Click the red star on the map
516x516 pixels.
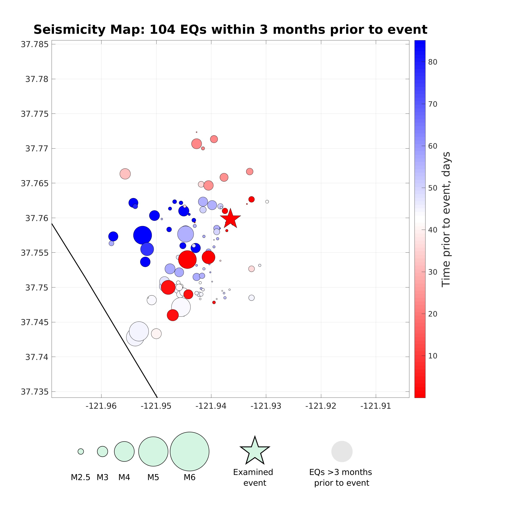(x=230, y=219)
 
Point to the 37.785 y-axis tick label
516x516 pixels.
(x=35, y=44)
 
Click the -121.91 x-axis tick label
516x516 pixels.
(x=376, y=406)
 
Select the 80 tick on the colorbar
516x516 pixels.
(x=432, y=62)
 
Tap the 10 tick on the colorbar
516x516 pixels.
(x=432, y=356)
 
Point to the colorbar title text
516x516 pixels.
(x=446, y=219)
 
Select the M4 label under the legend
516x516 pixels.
(x=124, y=477)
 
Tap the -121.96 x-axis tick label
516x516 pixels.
(x=101, y=406)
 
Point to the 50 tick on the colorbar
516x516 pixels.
(x=432, y=188)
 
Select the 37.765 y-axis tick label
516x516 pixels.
(x=35, y=183)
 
